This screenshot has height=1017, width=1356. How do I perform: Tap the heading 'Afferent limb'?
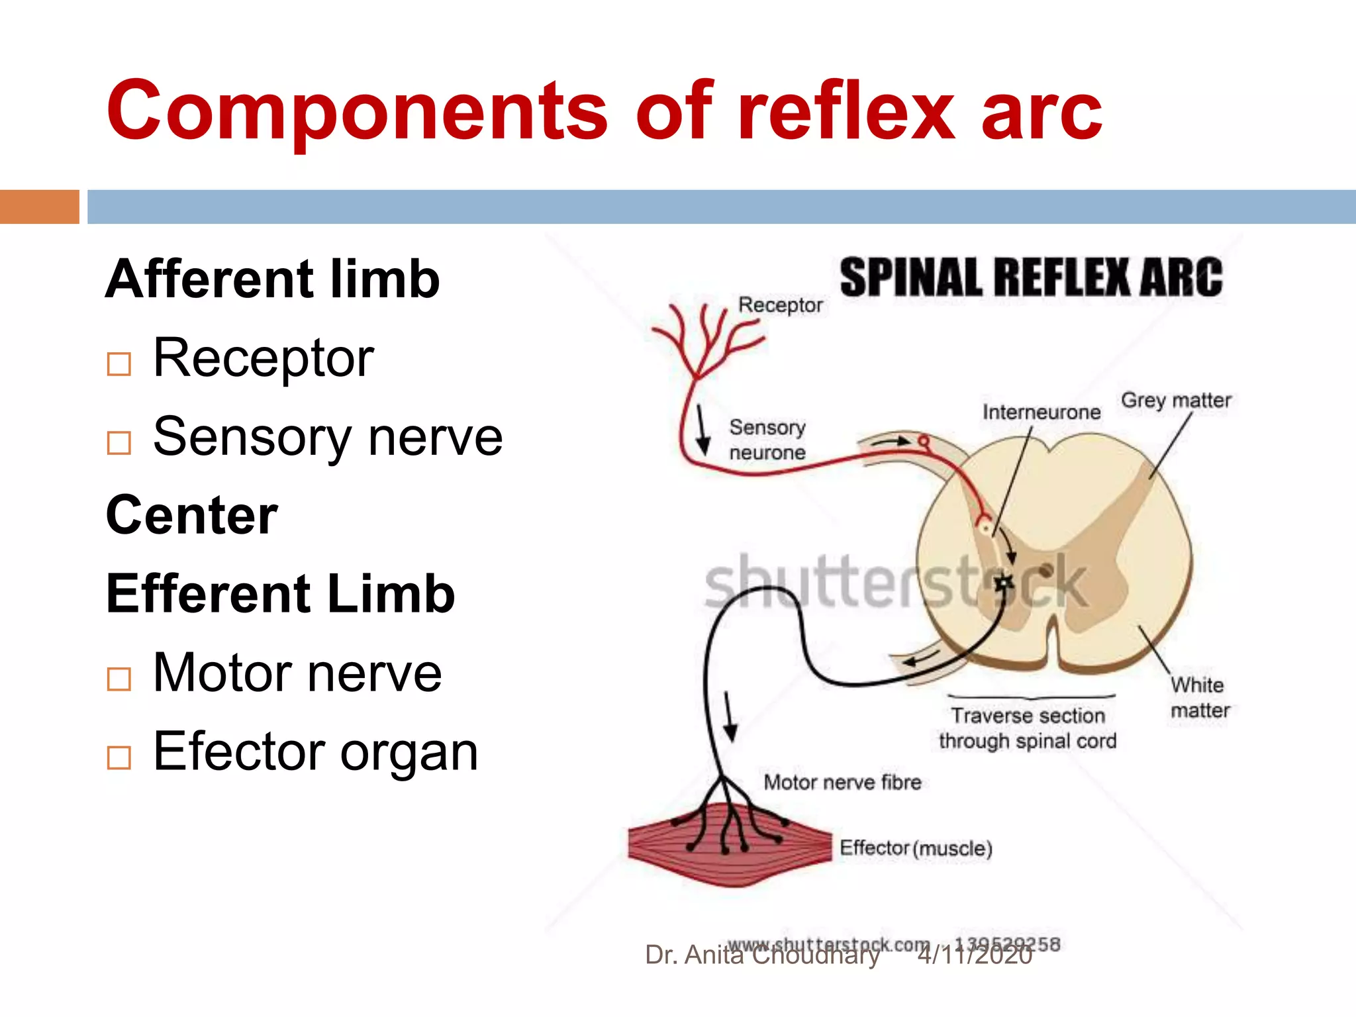[x=273, y=279]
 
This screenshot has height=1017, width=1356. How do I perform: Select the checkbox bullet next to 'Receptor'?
[x=119, y=363]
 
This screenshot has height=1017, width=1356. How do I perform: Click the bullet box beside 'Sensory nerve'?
[x=119, y=443]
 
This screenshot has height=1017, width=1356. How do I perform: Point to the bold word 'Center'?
[x=192, y=516]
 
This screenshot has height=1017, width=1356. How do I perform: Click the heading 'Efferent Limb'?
[x=281, y=594]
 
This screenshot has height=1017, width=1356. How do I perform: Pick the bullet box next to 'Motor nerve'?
[x=119, y=679]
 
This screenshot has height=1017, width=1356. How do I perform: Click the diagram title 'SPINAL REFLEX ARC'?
[x=1031, y=278]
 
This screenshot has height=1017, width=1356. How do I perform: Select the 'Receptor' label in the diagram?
[x=780, y=305]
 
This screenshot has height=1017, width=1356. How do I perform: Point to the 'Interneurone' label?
[x=1041, y=412]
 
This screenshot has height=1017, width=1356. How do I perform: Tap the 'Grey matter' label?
[x=1176, y=401]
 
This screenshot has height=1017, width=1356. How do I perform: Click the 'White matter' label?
[x=1199, y=697]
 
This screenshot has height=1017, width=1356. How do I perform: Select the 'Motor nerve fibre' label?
[x=842, y=783]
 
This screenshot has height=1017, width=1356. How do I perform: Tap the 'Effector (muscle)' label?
[x=916, y=848]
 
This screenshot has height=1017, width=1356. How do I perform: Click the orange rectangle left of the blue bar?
[x=40, y=207]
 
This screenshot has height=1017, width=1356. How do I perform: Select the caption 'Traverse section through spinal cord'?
[x=1028, y=728]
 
